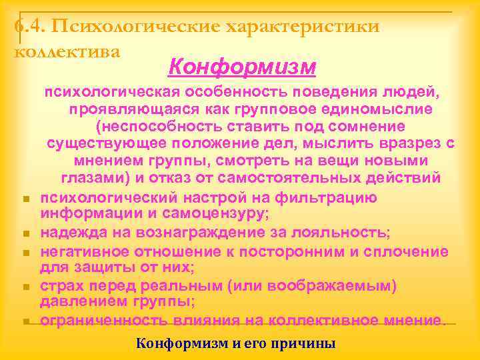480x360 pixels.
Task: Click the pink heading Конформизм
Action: [x=242, y=67]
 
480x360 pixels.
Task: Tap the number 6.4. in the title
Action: [x=29, y=27]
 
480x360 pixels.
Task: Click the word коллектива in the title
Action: [x=67, y=51]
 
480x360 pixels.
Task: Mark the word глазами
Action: [x=93, y=178]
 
